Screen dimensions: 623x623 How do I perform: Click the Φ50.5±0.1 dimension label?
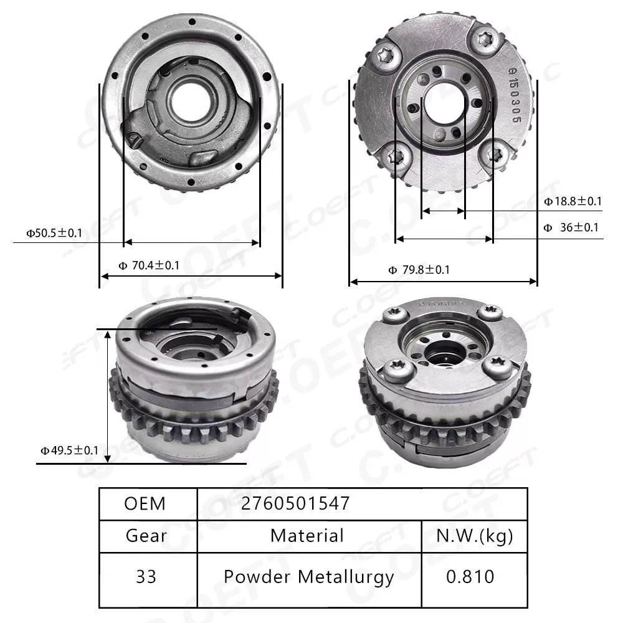pyautogui.click(x=54, y=234)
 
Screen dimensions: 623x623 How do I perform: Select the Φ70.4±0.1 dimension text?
pyautogui.click(x=150, y=266)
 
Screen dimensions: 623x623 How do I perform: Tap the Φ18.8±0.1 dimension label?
pyautogui.click(x=573, y=201)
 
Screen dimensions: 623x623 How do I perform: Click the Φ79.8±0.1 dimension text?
pyautogui.click(x=419, y=270)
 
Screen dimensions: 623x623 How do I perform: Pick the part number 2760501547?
pyautogui.click(x=295, y=503)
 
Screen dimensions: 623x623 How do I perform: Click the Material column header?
pyautogui.click(x=307, y=535)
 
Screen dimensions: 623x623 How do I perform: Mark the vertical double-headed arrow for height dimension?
pyautogui.click(x=108, y=397)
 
